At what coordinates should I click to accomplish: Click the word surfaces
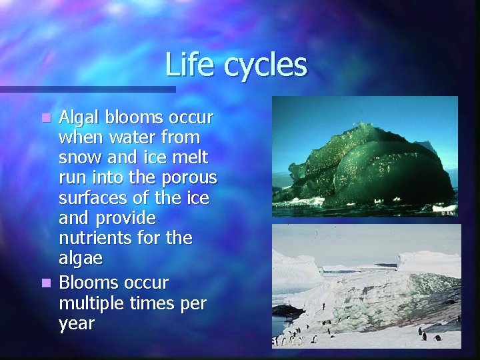[89, 198]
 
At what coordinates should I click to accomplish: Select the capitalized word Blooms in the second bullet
[87, 283]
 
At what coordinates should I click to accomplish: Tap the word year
[77, 324]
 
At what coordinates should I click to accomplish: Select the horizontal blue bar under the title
[87, 89]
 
